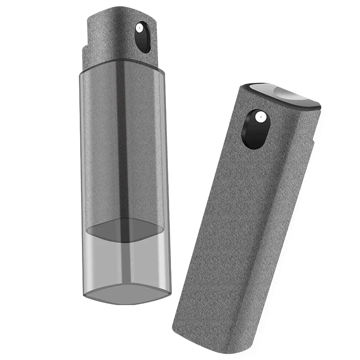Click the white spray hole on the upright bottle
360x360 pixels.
pos(139,28)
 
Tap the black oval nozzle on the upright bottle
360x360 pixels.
pos(143,38)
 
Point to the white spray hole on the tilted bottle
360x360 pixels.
pos(259,117)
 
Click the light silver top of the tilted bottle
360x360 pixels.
pos(285,93)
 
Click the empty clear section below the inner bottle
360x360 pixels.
pos(126,261)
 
